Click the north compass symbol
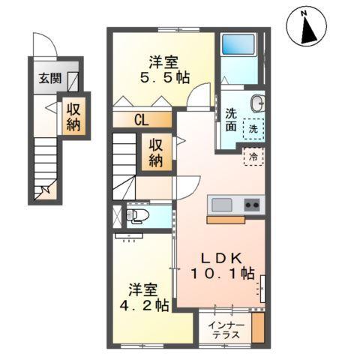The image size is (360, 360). [306, 28]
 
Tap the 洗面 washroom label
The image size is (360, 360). [231, 121]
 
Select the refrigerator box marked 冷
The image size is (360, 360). [253, 157]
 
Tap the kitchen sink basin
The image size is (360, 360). [222, 205]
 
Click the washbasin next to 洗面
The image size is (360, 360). [257, 103]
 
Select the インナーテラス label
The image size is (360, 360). [225, 329]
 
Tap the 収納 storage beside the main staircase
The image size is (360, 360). [156, 152]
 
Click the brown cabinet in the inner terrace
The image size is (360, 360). [259, 328]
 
